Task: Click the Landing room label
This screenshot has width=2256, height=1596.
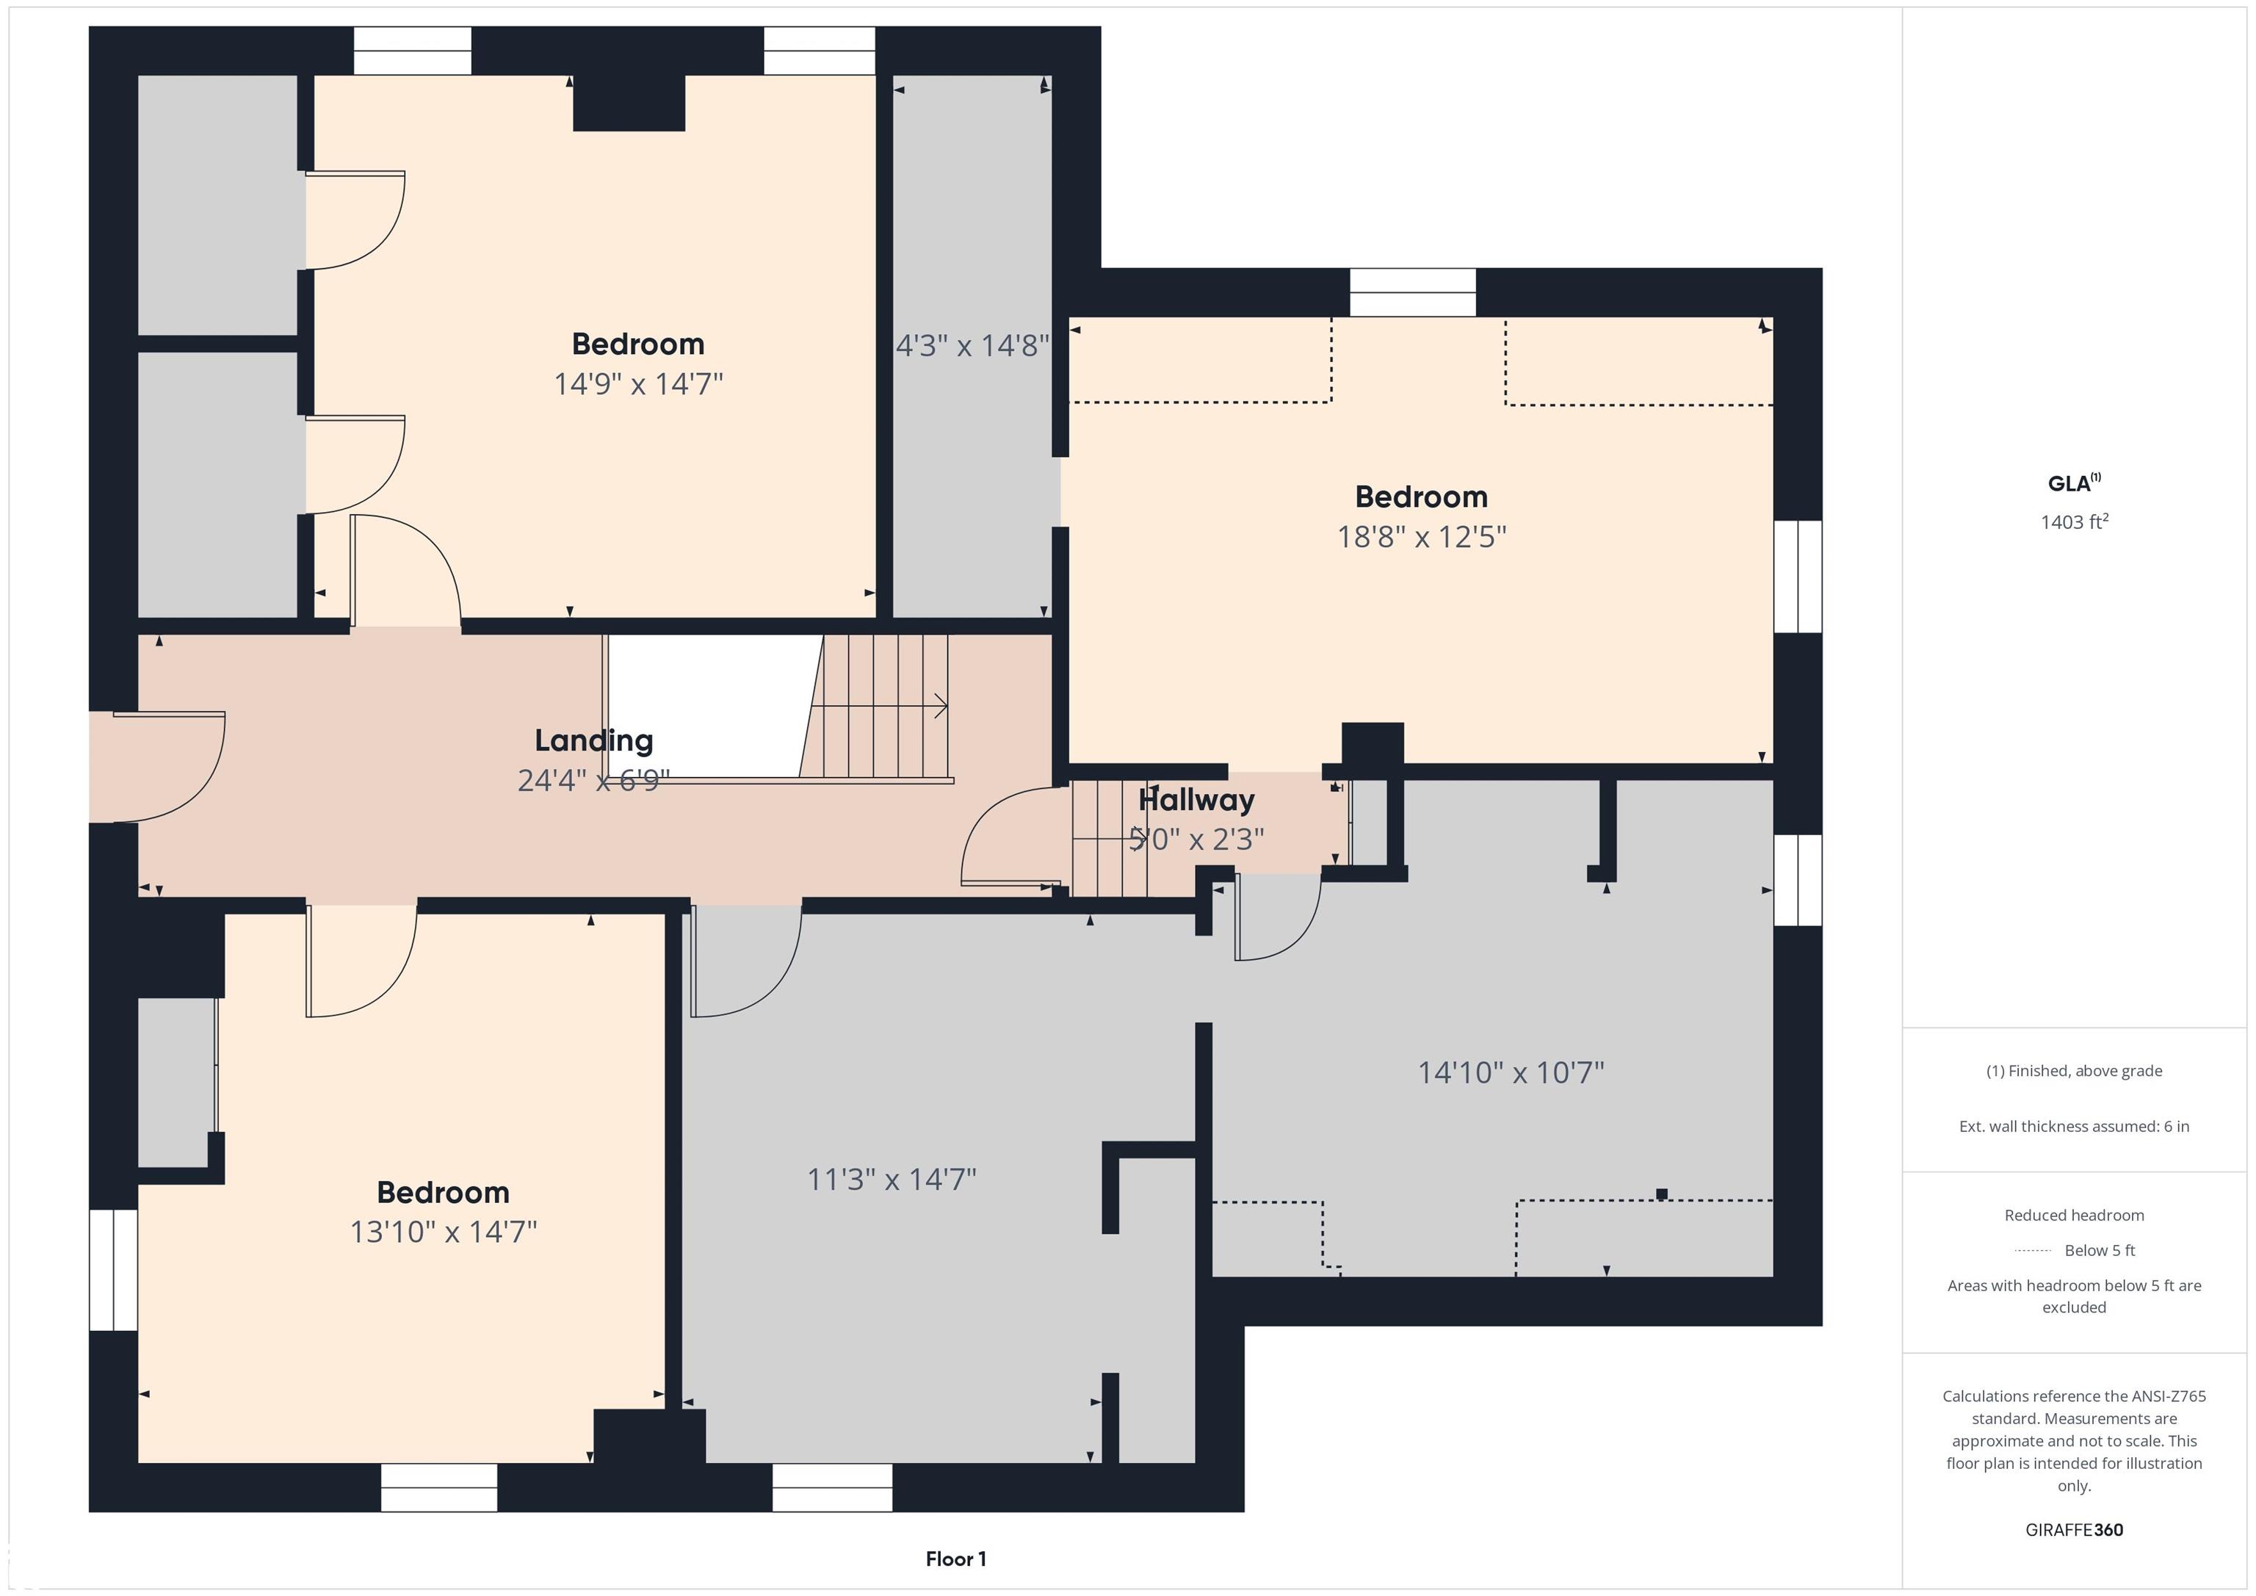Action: click(x=593, y=741)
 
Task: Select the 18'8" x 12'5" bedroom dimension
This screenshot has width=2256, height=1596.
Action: click(x=1421, y=537)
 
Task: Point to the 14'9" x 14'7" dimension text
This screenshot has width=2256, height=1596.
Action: click(x=637, y=383)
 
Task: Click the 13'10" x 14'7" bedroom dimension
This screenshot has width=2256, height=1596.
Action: click(x=443, y=1232)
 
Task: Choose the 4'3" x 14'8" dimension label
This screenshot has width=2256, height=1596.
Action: click(x=972, y=346)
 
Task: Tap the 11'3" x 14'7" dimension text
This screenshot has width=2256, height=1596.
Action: click(x=892, y=1180)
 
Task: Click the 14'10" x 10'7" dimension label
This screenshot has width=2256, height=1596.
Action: click(x=1510, y=1072)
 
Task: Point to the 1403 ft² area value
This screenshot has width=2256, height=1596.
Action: click(x=2074, y=522)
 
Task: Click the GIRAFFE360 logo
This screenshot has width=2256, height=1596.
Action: click(x=2074, y=1529)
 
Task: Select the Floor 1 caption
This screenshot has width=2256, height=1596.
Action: click(x=955, y=1559)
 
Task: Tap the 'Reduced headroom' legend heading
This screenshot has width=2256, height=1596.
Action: click(x=2074, y=1215)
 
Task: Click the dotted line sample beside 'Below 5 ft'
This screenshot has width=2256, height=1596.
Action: click(x=2033, y=1251)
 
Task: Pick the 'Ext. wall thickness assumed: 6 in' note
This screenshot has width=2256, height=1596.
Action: click(x=2074, y=1126)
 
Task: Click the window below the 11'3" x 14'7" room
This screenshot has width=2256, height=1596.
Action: click(x=832, y=1488)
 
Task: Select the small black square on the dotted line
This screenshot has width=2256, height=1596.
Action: click(x=1662, y=1194)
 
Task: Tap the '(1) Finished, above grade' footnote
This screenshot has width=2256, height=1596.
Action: click(x=2074, y=1070)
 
